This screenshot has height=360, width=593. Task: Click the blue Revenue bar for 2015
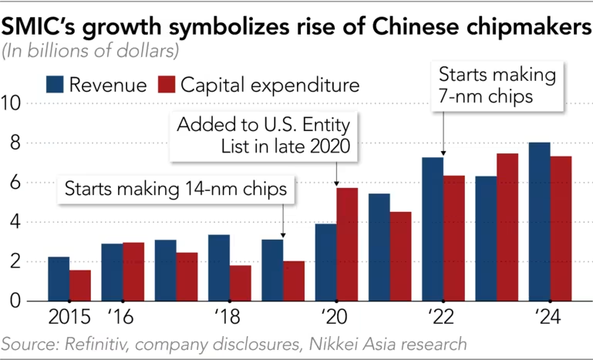tap(59, 278)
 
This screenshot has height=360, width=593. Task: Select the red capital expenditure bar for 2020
tap(347, 244)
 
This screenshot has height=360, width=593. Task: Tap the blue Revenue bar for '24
tap(539, 222)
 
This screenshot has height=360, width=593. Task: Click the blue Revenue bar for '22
tap(432, 229)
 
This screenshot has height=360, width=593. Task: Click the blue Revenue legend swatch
tap(56, 84)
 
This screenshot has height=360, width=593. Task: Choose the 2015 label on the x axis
tap(69, 317)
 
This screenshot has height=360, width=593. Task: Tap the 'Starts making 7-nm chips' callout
tap(497, 87)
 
